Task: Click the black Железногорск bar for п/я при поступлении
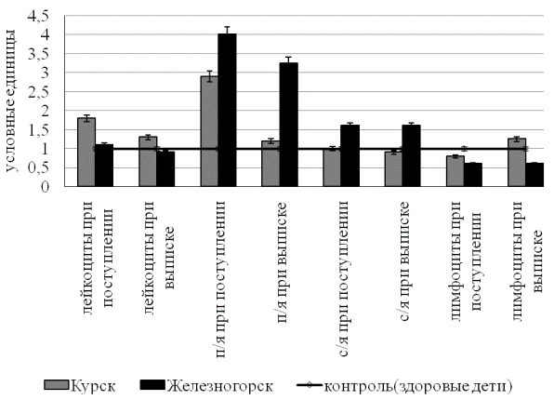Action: tap(227, 110)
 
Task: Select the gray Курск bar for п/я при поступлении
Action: tap(209, 131)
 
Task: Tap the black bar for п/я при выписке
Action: tap(289, 125)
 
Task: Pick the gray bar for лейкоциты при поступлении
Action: tap(86, 152)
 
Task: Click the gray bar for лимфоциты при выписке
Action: tap(517, 163)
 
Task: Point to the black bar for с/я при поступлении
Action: tap(350, 155)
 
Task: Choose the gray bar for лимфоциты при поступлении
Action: tap(455, 171)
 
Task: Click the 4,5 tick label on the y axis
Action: tap(40, 16)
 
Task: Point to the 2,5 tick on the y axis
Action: tap(40, 92)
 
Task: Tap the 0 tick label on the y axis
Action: tap(45, 186)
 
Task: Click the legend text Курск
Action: tap(93, 386)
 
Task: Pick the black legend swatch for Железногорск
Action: tap(152, 385)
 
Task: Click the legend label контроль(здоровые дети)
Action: tap(418, 386)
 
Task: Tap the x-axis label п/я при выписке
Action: tap(283, 262)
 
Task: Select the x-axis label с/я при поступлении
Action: tap(344, 279)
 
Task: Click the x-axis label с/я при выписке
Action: tap(405, 261)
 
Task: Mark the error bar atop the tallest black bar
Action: tap(227, 31)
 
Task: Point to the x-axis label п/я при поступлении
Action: tap(221, 279)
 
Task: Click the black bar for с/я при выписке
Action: tap(411, 155)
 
